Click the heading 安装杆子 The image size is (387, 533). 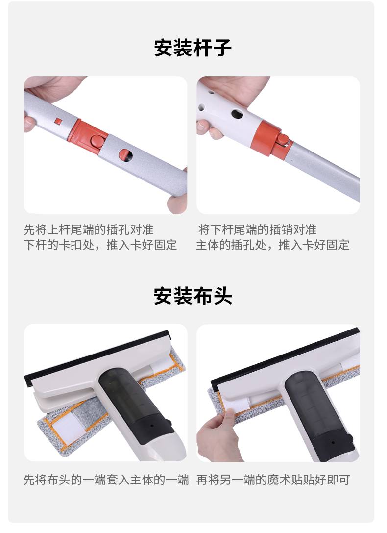193,48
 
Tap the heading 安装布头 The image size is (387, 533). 193,296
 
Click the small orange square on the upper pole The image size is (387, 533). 58,121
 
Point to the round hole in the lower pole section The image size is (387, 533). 125,155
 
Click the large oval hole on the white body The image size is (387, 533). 237,114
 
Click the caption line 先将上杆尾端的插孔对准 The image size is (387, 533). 89,230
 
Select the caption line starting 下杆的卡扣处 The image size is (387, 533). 100,245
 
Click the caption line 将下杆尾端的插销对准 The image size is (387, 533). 257,230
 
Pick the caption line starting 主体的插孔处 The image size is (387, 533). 272,245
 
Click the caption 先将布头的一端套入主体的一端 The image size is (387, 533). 106,480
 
